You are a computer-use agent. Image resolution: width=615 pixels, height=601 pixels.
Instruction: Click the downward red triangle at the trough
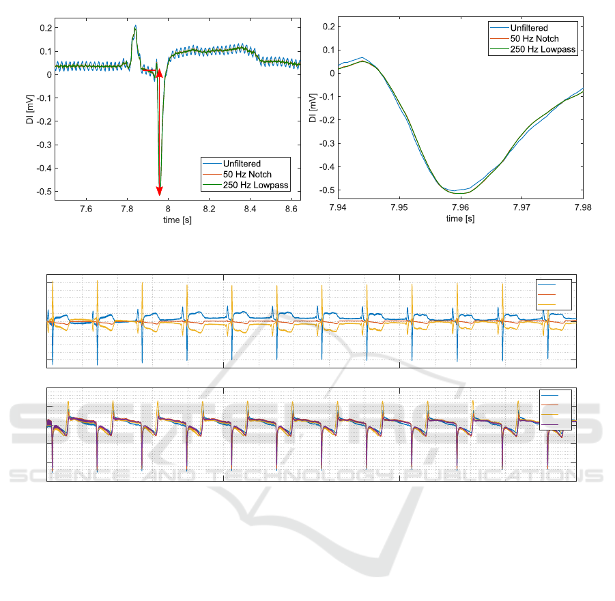160,191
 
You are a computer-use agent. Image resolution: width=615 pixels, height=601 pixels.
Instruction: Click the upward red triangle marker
160,72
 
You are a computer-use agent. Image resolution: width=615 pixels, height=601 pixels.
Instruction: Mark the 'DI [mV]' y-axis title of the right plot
313,109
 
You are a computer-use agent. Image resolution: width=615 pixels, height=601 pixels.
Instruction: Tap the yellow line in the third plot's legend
547,304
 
